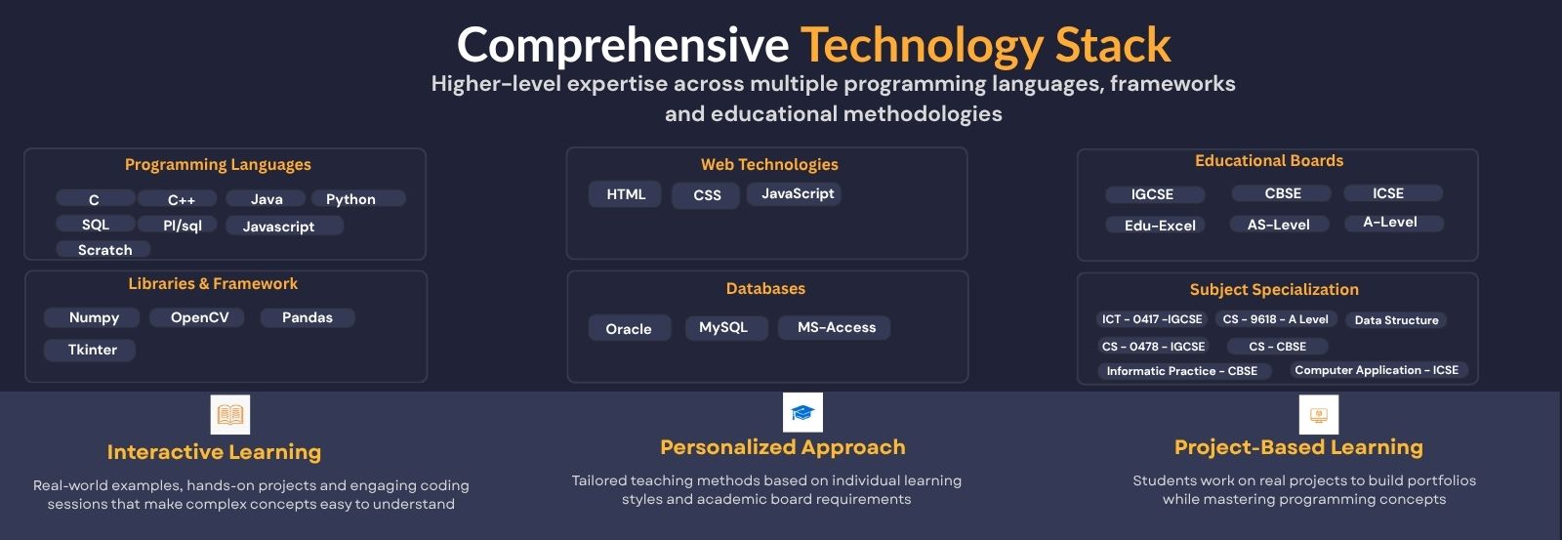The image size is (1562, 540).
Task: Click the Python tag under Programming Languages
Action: click(357, 199)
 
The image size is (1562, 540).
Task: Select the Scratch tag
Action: click(103, 249)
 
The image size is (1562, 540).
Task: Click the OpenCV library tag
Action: click(197, 317)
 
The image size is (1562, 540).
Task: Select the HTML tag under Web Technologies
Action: click(625, 194)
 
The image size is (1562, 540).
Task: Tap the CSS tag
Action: click(706, 195)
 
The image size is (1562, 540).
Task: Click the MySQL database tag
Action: click(726, 327)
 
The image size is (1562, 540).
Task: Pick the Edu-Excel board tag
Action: click(1156, 225)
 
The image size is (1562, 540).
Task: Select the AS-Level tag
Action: click(1279, 224)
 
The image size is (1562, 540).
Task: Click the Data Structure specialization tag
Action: click(1396, 319)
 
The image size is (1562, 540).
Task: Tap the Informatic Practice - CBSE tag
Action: click(1182, 370)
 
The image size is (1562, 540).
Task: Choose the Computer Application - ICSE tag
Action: click(1378, 370)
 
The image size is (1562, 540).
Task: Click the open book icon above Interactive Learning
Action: click(230, 414)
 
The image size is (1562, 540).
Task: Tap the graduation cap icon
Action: click(802, 412)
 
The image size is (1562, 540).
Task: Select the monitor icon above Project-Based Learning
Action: click(1319, 414)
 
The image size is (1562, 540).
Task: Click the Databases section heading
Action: click(765, 288)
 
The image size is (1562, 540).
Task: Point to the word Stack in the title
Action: click(1113, 45)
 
